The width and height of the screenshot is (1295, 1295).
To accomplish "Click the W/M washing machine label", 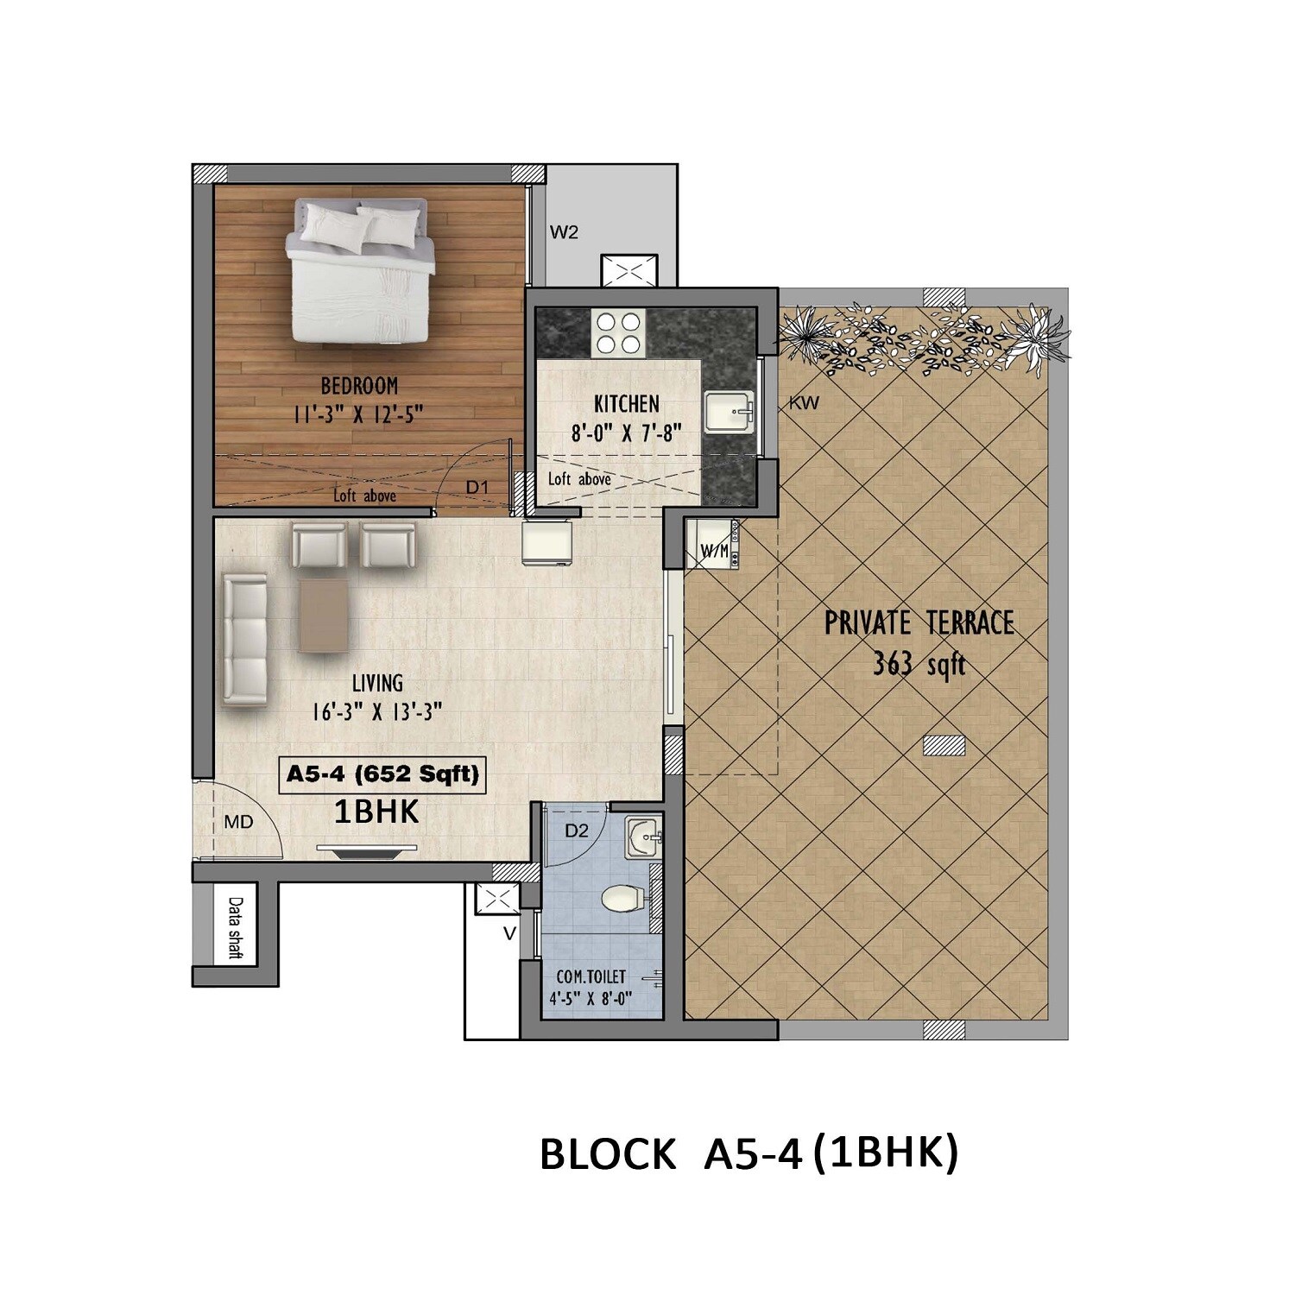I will tap(714, 551).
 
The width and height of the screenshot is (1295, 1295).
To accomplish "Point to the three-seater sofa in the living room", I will tap(244, 640).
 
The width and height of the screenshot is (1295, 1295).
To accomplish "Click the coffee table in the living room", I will tap(324, 615).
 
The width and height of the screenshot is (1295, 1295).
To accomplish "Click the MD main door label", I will tap(238, 823).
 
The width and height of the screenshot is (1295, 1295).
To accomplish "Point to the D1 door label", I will tap(477, 488).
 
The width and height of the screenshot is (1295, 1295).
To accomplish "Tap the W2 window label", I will tap(564, 232).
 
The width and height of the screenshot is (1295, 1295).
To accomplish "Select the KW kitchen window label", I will tap(804, 403).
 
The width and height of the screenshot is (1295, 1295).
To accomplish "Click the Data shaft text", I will tap(235, 927).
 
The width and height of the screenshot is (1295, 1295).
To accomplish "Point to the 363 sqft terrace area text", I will tap(919, 665).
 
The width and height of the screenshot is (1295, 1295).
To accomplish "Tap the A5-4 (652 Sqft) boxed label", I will tap(382, 774).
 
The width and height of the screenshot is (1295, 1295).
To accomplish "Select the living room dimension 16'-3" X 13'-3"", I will tap(377, 712).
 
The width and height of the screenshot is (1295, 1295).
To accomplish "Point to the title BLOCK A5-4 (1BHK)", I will tap(749, 1153).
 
